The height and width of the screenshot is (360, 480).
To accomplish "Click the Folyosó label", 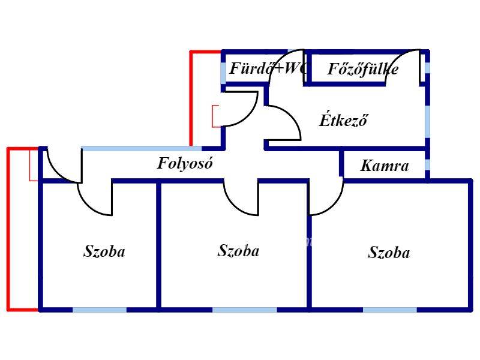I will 185,163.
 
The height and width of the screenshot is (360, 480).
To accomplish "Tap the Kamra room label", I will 385,166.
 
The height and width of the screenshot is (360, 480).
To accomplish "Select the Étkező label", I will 343,119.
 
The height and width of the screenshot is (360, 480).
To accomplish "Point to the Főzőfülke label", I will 363,69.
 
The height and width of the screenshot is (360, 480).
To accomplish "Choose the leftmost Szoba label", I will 104,251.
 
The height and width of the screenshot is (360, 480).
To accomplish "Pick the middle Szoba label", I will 238,250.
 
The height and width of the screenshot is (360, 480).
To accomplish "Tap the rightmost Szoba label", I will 389,253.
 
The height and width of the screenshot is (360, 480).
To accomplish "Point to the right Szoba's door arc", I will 327,201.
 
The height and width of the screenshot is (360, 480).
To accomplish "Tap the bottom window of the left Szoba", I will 99,310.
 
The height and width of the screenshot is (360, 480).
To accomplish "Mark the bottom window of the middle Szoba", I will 244,310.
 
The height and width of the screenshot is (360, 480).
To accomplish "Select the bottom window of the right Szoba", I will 389,310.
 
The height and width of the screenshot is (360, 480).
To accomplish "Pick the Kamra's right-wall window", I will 427,165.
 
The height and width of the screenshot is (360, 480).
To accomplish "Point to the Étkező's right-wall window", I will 427,120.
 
